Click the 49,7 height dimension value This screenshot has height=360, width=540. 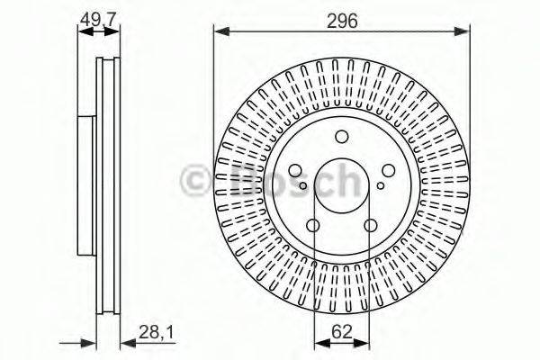[98, 17]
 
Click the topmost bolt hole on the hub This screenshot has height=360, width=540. [341, 137]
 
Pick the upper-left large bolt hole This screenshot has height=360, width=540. [296, 170]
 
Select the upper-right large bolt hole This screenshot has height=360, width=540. [386, 169]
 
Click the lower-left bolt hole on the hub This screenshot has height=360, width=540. [313, 226]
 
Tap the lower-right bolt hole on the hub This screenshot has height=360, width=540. [369, 226]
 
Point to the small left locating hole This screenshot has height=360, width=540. [304, 186]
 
